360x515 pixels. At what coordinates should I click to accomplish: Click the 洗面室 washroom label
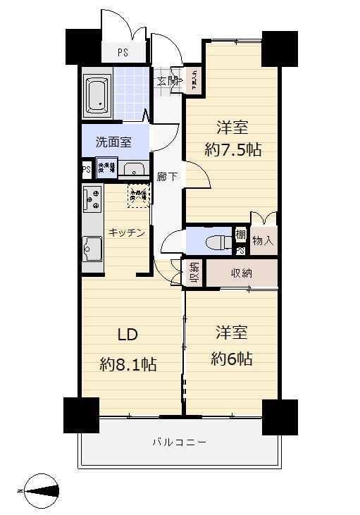(x=113, y=142)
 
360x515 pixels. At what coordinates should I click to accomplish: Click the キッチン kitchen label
(x=127, y=232)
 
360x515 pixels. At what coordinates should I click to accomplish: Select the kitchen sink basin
(x=92, y=249)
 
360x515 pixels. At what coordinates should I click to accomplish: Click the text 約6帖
(x=232, y=358)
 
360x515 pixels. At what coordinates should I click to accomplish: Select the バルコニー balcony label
(x=179, y=442)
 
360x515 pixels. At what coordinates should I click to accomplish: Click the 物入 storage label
(x=262, y=240)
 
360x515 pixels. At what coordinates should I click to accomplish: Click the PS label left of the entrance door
(x=123, y=52)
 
